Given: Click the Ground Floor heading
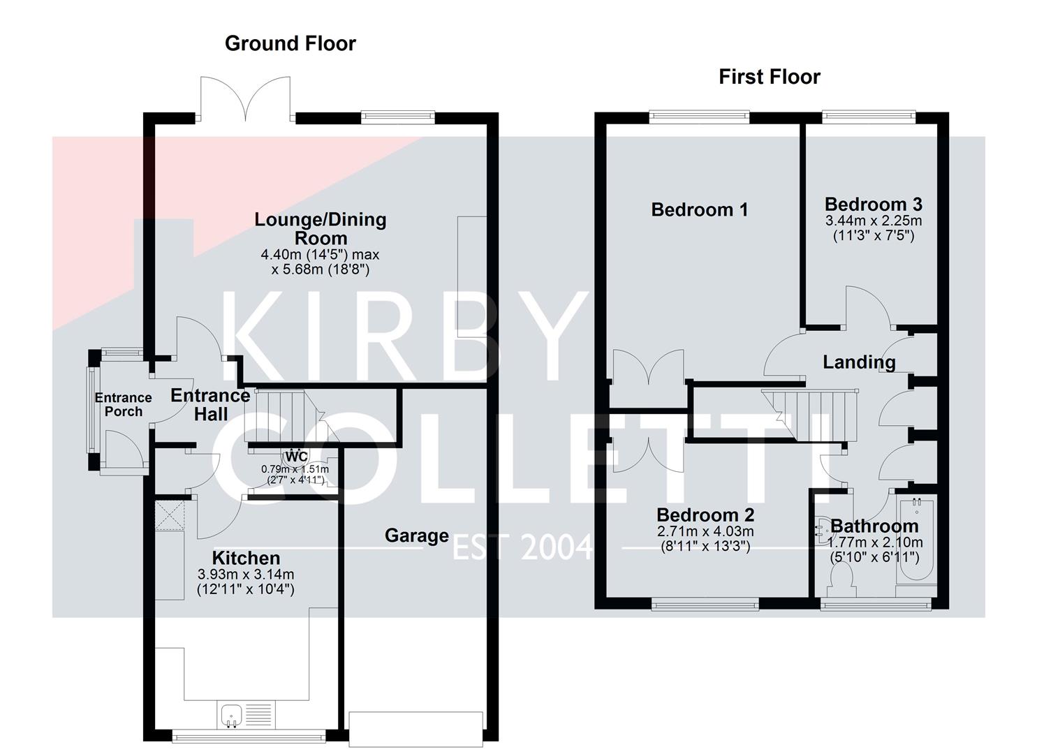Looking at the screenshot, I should tap(290, 44).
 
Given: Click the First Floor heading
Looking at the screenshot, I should tap(769, 77).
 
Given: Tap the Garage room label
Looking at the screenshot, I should tap(417, 535).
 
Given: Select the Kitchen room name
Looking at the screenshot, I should tap(246, 558).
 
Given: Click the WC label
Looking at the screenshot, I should tap(296, 457).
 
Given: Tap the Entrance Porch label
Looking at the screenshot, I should tap(123, 404).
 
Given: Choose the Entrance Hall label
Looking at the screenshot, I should tap(210, 404).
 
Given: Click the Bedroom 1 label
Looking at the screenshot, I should tap(699, 209).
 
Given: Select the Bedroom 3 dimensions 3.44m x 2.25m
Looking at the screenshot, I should tap(873, 221).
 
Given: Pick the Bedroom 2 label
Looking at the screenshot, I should tap(705, 515).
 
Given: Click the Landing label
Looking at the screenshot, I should tap(859, 362).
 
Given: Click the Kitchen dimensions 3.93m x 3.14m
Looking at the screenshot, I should tap(246, 575).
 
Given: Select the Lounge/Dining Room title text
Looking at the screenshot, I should tap(320, 228).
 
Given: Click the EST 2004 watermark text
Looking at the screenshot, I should tap(522, 548).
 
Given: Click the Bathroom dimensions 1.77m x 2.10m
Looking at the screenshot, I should tap(875, 542).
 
